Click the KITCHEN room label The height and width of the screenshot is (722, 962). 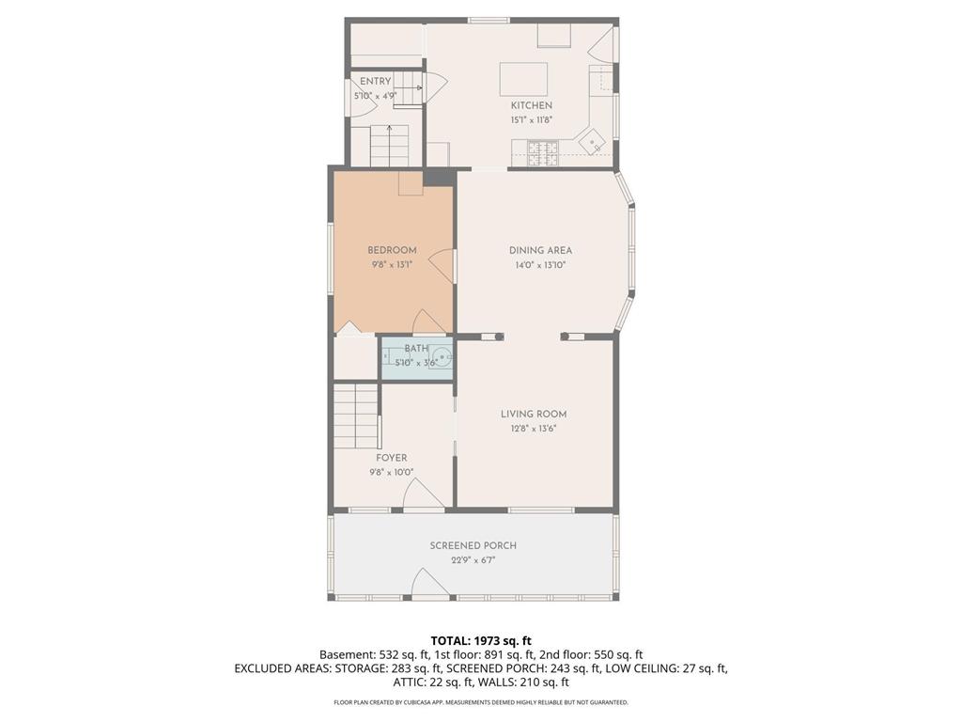pos(531,105)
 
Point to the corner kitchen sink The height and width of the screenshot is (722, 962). pos(592,144)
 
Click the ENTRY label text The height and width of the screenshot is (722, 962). pos(375,82)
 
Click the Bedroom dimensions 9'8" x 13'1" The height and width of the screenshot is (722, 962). pos(392,265)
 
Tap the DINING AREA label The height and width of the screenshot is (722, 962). pos(540,250)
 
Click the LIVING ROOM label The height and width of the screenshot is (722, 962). pos(533,414)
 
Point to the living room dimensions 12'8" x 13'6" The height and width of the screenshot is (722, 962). pos(533,429)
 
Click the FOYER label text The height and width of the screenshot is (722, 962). pos(392,458)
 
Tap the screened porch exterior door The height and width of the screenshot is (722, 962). pos(430,585)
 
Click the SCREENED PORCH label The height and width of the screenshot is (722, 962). pos(473,545)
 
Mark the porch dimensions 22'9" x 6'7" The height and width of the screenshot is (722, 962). pos(473,560)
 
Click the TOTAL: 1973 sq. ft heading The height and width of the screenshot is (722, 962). pos(481,640)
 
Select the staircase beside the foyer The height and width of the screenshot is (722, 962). pos(356,416)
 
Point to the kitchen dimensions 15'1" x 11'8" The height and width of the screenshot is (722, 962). pos(531,120)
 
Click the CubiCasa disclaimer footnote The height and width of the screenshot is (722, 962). pos(481,702)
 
